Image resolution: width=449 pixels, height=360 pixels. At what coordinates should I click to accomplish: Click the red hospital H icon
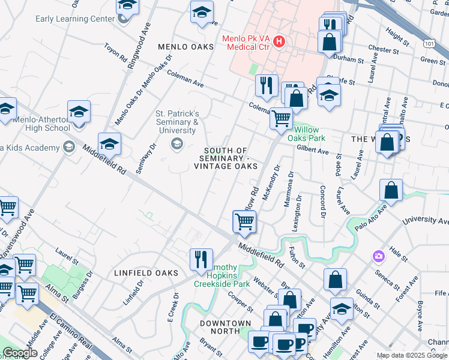(x=278, y=41)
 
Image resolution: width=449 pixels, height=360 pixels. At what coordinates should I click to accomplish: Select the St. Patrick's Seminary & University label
(x=177, y=122)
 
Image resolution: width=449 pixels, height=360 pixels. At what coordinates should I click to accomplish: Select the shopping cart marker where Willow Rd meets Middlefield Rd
(x=244, y=221)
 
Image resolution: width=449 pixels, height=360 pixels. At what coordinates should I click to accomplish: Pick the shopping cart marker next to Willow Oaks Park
(x=281, y=118)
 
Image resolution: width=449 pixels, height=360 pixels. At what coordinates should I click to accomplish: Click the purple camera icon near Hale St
(x=378, y=256)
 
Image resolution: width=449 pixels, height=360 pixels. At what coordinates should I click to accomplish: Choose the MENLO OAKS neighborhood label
(x=185, y=47)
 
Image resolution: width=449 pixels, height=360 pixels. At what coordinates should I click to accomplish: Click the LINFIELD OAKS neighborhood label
(x=146, y=273)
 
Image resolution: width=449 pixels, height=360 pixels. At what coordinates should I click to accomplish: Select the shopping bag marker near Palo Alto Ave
(x=391, y=190)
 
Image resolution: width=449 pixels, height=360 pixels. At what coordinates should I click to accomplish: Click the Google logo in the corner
(x=20, y=353)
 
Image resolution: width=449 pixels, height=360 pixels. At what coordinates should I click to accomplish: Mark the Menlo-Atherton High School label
(x=41, y=123)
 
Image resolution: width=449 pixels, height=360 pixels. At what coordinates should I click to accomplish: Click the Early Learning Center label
(x=74, y=19)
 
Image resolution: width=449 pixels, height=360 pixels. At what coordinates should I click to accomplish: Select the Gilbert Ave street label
(x=312, y=148)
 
